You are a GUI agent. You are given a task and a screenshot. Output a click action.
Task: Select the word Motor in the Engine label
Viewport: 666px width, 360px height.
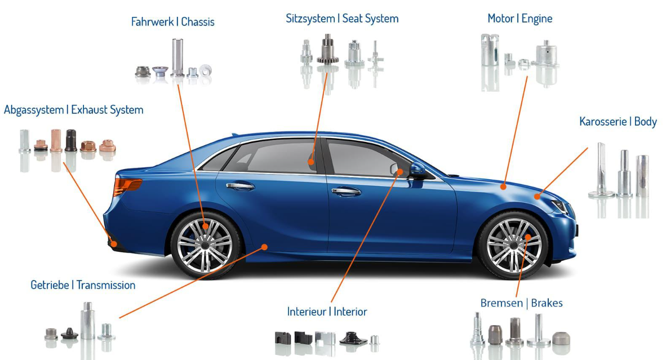500,19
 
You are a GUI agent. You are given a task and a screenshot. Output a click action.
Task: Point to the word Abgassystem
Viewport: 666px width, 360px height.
34,110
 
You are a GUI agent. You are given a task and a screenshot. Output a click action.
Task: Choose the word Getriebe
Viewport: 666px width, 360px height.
50,285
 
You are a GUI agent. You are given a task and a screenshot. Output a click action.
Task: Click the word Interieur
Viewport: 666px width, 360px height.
308,312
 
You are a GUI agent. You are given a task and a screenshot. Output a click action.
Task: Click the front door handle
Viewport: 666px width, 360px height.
346,192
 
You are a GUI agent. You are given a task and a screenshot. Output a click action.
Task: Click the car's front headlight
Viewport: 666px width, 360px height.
561,206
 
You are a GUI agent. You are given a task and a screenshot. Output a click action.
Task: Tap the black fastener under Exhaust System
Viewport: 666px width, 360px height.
70,141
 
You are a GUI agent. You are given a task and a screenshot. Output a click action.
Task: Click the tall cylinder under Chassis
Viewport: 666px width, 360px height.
177,56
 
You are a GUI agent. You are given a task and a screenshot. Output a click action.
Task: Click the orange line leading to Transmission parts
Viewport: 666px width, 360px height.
192,282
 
